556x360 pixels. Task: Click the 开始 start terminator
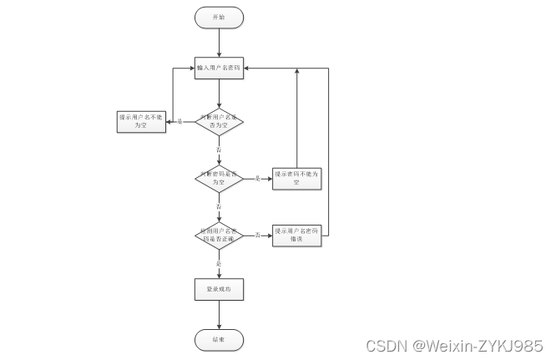click(219, 17)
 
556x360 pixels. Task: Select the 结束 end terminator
click(219, 339)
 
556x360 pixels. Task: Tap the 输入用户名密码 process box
click(219, 68)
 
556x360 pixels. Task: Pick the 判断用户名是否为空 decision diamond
click(219, 122)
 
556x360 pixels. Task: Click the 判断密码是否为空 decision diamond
click(219, 178)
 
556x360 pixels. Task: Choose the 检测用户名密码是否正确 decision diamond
click(219, 235)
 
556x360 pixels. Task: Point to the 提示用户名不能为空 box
click(141, 122)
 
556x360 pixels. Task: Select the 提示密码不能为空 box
click(296, 178)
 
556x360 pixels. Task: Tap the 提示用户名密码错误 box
click(296, 235)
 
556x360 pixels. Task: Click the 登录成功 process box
click(219, 289)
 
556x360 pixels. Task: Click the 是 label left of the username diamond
click(179, 122)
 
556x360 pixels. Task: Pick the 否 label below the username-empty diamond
click(219, 148)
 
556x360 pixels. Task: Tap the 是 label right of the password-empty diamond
click(257, 178)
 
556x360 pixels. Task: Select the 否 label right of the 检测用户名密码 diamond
click(257, 235)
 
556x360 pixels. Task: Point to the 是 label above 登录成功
click(219, 263)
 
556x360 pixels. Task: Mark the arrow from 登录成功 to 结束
click(219, 314)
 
